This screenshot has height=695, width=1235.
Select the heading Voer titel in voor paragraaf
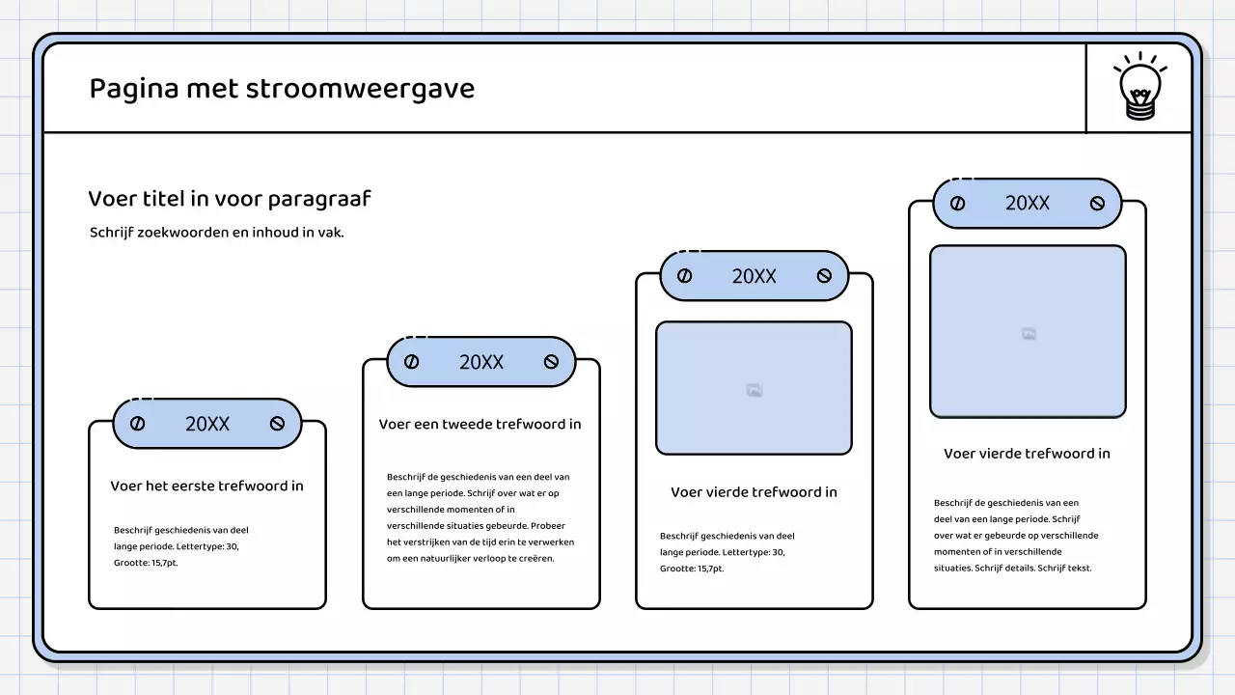coord(230,199)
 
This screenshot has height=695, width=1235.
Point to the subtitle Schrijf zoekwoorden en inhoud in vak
coord(217,233)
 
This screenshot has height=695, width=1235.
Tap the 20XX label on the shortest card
coord(207,424)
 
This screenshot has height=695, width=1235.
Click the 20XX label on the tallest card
coord(1028,203)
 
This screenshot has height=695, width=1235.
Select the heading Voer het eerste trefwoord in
coord(206,486)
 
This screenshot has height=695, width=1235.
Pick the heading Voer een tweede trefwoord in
coord(480,424)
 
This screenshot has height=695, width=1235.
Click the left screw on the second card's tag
coord(411,362)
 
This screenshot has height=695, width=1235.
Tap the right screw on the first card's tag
coord(278,424)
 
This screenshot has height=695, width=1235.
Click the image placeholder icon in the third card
coord(755,390)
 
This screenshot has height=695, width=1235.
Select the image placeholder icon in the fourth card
coord(1029,334)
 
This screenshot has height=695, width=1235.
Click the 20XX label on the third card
coord(754,276)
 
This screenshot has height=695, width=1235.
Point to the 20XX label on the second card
coord(481,362)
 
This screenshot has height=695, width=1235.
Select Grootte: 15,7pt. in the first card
coord(146,563)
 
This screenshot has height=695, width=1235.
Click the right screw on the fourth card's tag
coord(1097,204)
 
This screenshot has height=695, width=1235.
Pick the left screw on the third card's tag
coord(684,276)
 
